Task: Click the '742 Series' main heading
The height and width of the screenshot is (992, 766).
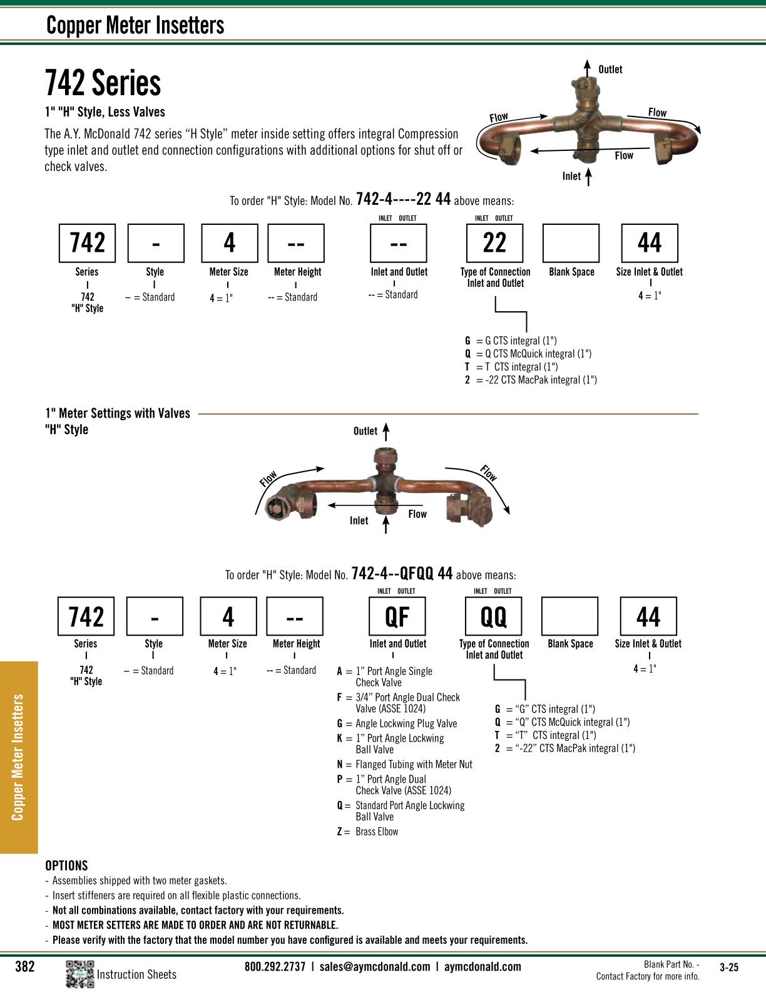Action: [103, 83]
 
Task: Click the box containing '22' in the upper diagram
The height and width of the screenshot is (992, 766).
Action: [494, 243]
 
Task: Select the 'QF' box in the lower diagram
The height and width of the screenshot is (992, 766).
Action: [397, 616]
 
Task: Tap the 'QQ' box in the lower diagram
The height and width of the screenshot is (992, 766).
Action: [493, 616]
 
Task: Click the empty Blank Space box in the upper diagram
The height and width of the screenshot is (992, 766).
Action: [571, 243]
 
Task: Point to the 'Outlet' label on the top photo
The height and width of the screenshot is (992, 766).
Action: [610, 70]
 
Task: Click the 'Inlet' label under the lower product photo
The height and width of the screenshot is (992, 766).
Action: [359, 520]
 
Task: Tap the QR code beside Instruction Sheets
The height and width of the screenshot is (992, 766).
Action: [79, 974]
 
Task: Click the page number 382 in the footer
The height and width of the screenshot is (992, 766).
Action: [25, 966]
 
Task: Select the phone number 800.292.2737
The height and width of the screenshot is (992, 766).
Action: [275, 966]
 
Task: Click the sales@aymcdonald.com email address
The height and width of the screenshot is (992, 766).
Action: [375, 966]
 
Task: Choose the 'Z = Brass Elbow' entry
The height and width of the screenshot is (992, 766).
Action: [368, 832]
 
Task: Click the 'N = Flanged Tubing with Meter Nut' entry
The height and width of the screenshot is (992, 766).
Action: [405, 764]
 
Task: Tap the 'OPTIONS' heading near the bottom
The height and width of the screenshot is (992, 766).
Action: [66, 865]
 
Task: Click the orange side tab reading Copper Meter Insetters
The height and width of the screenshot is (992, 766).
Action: [19, 757]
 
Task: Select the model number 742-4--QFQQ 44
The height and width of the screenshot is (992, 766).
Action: [402, 574]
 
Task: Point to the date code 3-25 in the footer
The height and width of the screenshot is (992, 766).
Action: [729, 967]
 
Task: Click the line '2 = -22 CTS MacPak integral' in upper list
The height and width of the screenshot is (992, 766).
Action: [531, 380]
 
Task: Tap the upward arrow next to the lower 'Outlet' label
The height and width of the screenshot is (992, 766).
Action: [386, 431]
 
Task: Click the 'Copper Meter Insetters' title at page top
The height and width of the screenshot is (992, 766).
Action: [135, 25]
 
